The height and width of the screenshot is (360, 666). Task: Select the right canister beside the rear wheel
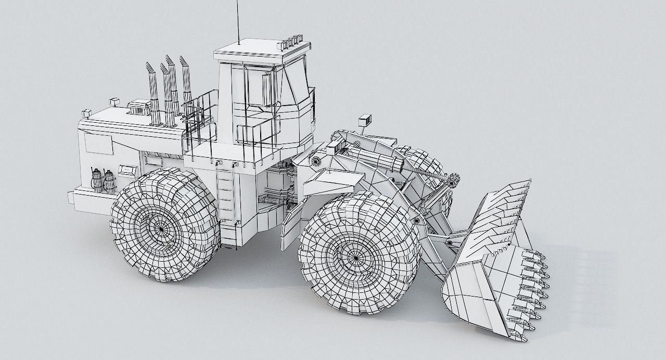point(109,182)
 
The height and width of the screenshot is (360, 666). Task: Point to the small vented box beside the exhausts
point(138,108)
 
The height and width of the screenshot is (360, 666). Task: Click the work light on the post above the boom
point(365,120)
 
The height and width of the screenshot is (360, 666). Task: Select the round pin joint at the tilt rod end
point(454,181)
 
